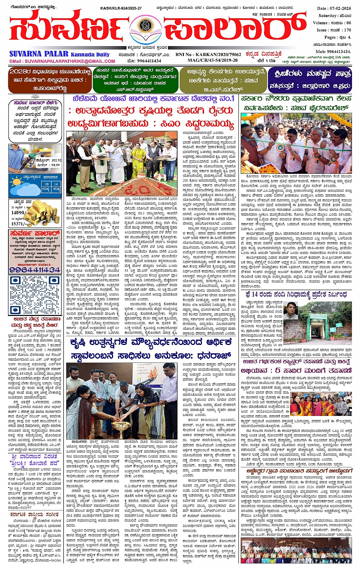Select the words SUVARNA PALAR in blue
39,54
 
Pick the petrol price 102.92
54,160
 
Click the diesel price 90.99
54,165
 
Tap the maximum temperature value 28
46,184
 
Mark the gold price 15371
18,224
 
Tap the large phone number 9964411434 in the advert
35,270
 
